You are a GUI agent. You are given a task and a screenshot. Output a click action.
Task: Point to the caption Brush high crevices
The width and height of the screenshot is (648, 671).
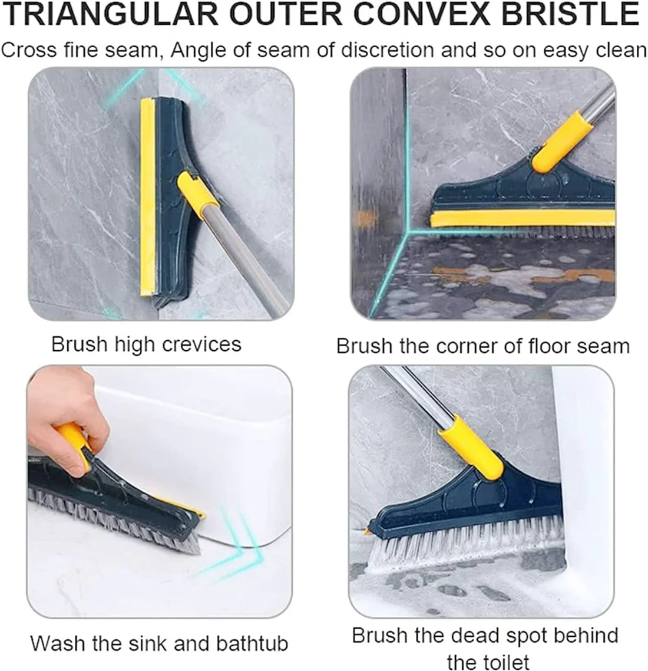click(x=147, y=344)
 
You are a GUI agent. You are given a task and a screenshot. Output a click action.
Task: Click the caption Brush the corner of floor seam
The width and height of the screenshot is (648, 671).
click(x=482, y=346)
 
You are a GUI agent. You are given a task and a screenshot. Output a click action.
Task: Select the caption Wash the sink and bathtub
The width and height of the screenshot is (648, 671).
click(x=159, y=643)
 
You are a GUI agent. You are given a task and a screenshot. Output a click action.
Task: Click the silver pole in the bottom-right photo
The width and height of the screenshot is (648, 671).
click(x=412, y=392)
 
